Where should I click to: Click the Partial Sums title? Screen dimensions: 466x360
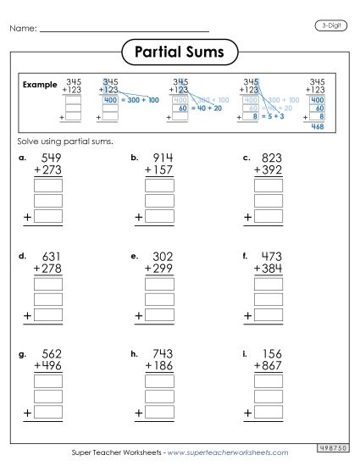tap(180, 53)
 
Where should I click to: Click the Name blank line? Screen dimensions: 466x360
tap(125, 31)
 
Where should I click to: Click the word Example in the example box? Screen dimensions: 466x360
tap(40, 86)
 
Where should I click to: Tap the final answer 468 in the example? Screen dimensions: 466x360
tap(318, 126)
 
